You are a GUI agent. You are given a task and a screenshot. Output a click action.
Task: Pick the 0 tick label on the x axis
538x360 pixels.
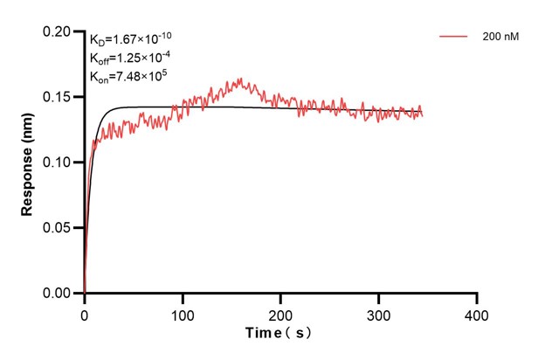[85, 313]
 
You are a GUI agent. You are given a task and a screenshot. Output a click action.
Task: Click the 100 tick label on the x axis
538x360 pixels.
[183, 313]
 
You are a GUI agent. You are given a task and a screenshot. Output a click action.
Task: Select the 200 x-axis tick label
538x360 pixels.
[280, 313]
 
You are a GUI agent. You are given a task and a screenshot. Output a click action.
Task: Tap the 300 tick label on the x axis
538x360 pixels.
[378, 313]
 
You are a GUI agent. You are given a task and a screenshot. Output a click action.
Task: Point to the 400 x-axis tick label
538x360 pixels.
[476, 313]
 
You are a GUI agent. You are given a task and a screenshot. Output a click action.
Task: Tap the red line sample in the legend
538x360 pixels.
[455, 38]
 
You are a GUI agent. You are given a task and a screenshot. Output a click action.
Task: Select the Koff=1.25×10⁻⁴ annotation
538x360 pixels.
[129, 57]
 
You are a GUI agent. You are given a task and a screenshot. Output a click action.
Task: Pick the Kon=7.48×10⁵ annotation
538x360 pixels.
[128, 76]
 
